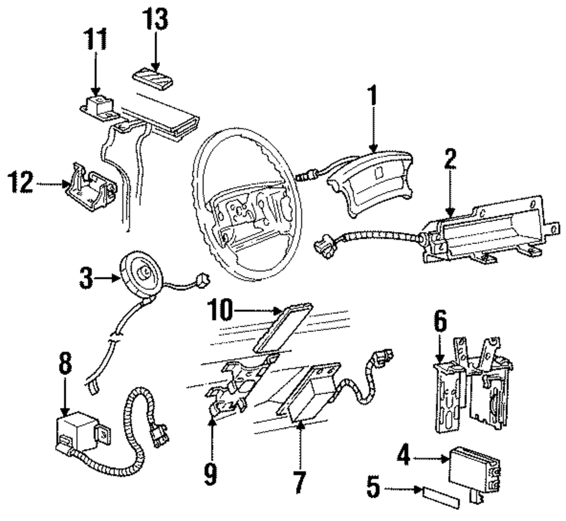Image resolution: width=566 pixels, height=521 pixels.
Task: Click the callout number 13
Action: pyautogui.click(x=155, y=19)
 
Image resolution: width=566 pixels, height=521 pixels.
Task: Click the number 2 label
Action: pyautogui.click(x=450, y=159)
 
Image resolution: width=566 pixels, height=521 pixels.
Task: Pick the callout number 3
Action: pyautogui.click(x=86, y=278)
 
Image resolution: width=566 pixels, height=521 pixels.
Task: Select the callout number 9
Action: pyautogui.click(x=211, y=474)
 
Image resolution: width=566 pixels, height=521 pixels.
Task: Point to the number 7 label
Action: pyautogui.click(x=299, y=481)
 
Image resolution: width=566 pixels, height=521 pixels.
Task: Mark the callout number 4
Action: pyautogui.click(x=404, y=455)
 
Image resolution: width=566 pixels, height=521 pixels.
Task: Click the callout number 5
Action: pyautogui.click(x=374, y=486)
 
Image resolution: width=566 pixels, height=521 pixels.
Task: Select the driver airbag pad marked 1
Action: pyautogui.click(x=371, y=183)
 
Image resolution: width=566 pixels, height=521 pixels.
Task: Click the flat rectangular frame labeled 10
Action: pyautogui.click(x=282, y=328)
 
